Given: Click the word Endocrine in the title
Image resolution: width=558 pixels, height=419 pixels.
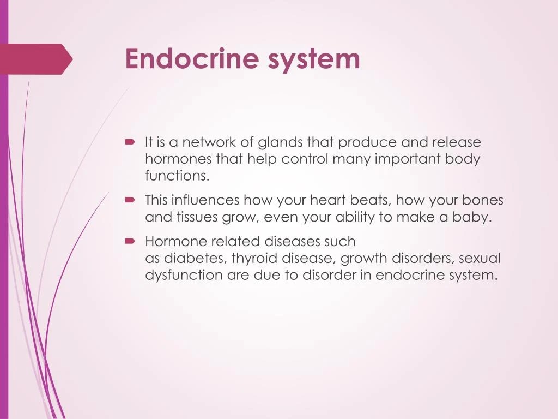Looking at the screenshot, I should click(x=192, y=59).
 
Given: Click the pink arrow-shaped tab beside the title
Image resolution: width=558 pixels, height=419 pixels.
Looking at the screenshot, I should click(x=36, y=59).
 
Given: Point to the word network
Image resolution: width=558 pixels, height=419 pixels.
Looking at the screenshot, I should click(x=210, y=143).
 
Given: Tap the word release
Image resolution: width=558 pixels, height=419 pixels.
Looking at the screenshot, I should click(x=457, y=143).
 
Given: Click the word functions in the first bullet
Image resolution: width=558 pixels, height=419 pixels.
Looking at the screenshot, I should click(x=177, y=176).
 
